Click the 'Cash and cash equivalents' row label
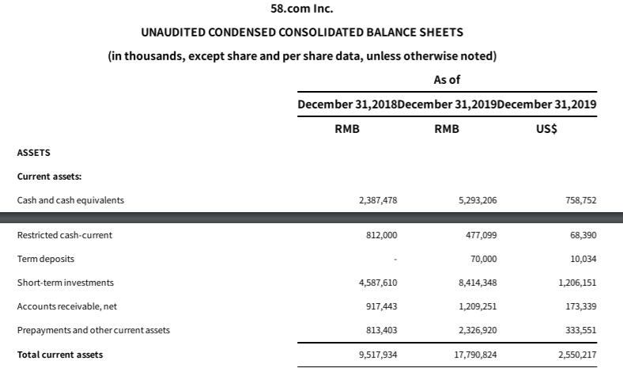click(71, 200)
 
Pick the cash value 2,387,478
click(377, 201)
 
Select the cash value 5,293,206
click(477, 201)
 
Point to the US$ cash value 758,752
click(582, 201)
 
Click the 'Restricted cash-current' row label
click(64, 235)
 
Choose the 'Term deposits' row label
click(46, 259)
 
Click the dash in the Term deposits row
click(395, 260)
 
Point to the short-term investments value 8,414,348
click(477, 283)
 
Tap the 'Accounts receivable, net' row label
click(67, 306)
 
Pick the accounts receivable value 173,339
click(582, 307)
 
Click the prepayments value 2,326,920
click(477, 331)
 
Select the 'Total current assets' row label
click(60, 354)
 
